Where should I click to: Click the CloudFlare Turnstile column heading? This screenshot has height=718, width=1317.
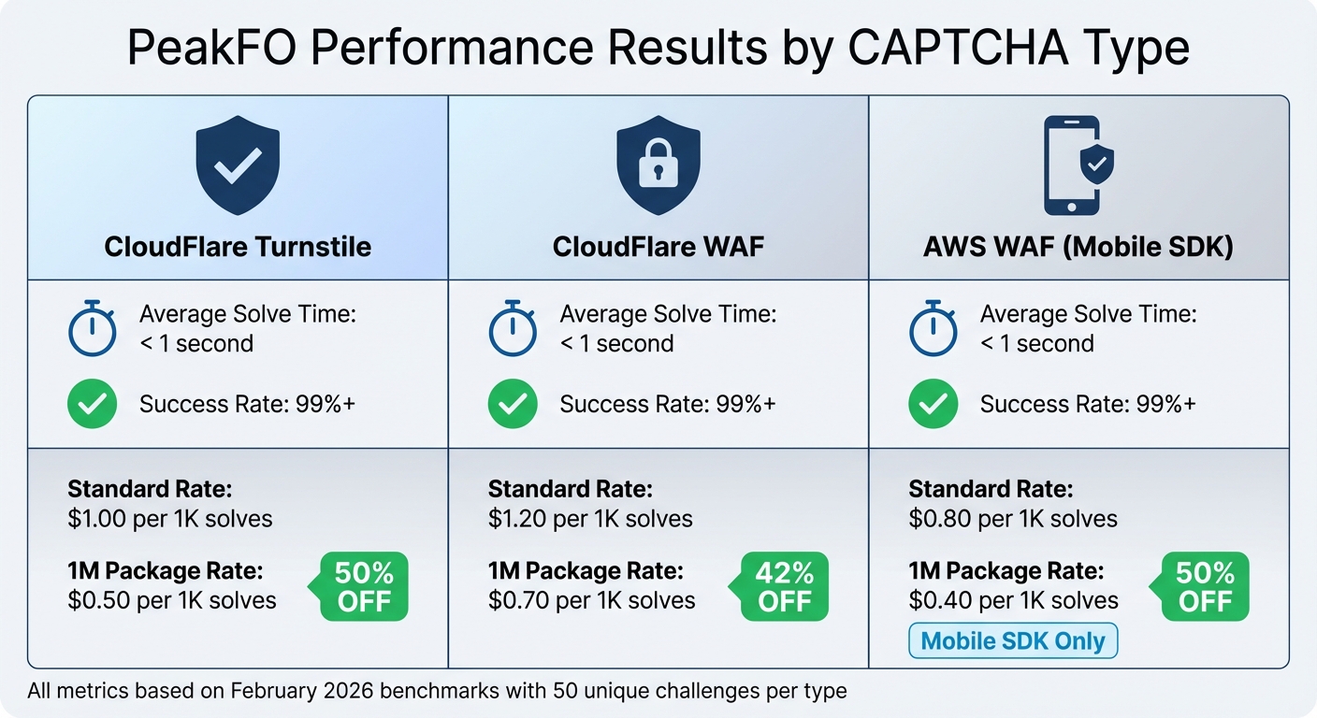[238, 247]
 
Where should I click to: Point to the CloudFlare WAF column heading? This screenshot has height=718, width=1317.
[658, 247]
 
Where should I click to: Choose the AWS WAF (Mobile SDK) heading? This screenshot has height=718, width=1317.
[1078, 247]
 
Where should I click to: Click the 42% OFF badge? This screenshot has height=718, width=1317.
[784, 586]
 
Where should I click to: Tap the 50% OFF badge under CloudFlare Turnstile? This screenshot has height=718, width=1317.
[364, 586]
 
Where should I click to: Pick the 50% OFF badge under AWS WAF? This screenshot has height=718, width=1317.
[1205, 586]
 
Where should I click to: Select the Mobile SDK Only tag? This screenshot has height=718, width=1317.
[1013, 641]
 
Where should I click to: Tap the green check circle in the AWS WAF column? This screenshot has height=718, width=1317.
[933, 405]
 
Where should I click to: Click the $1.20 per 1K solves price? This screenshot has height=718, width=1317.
[590, 519]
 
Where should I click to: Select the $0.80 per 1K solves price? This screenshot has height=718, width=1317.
[1013, 519]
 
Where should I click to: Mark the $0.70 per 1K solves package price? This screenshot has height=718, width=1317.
[591, 600]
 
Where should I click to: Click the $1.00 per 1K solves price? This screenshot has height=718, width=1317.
[170, 519]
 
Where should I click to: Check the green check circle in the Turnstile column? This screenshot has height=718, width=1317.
[93, 405]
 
